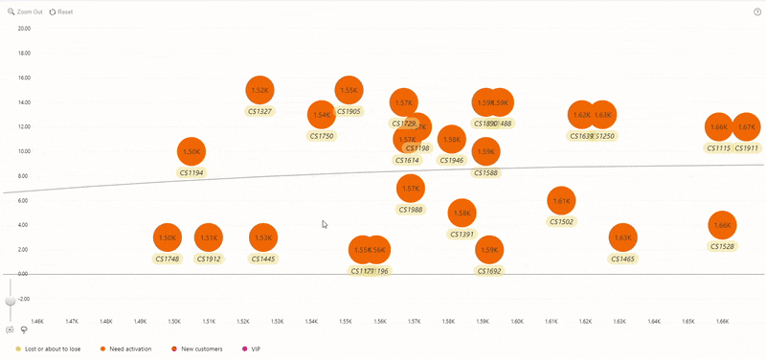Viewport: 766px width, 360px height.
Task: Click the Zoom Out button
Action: pyautogui.click(x=25, y=11)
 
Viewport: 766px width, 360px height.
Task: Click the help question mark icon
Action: pyautogui.click(x=757, y=11)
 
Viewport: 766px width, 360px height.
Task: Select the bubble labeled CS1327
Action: pyautogui.click(x=259, y=90)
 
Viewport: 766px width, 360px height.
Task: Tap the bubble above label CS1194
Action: pyautogui.click(x=191, y=151)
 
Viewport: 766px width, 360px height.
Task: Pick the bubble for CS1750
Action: pyautogui.click(x=322, y=115)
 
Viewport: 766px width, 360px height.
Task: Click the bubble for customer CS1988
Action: pyautogui.click(x=410, y=189)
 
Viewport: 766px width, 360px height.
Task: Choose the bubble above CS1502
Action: pyautogui.click(x=561, y=201)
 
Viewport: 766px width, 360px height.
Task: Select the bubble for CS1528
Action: pyautogui.click(x=722, y=225)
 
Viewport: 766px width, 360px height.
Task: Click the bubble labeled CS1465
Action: pyautogui.click(x=622, y=237)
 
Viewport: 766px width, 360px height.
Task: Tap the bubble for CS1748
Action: pyautogui.click(x=168, y=237)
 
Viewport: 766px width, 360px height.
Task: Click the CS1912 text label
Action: pyautogui.click(x=208, y=259)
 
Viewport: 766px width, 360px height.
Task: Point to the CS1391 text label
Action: pyautogui.click(x=462, y=235)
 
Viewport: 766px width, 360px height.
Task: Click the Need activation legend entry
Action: pyautogui.click(x=130, y=349)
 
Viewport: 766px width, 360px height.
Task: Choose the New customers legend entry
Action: pyautogui.click(x=200, y=349)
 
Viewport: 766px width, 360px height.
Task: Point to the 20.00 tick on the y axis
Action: pyautogui.click(x=24, y=29)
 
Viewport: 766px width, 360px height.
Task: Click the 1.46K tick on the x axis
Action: pyautogui.click(x=37, y=322)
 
